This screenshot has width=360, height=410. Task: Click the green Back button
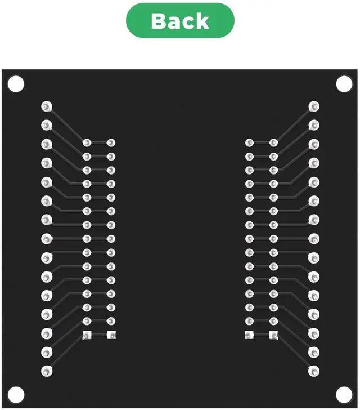(180, 21)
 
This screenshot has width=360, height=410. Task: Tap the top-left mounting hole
(15, 84)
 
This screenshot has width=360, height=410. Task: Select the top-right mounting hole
(344, 84)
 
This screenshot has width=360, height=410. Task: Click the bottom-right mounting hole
(343, 393)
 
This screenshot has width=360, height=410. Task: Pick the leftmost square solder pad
(87, 336)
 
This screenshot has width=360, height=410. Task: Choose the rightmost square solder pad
(274, 336)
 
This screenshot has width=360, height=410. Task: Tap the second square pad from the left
(111, 336)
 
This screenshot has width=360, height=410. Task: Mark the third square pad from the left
(249, 336)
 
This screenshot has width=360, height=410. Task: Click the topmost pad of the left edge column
(47, 106)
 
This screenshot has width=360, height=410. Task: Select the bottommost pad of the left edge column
(47, 371)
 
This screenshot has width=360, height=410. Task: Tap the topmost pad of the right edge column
(314, 106)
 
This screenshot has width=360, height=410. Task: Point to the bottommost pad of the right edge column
(314, 371)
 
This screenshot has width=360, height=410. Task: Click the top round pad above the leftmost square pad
(87, 143)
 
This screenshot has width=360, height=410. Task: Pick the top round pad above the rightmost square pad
(274, 143)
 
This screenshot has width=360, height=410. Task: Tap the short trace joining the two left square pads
(99, 336)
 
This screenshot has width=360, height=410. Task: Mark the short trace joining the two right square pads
(262, 336)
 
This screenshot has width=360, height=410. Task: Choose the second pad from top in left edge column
(47, 125)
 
